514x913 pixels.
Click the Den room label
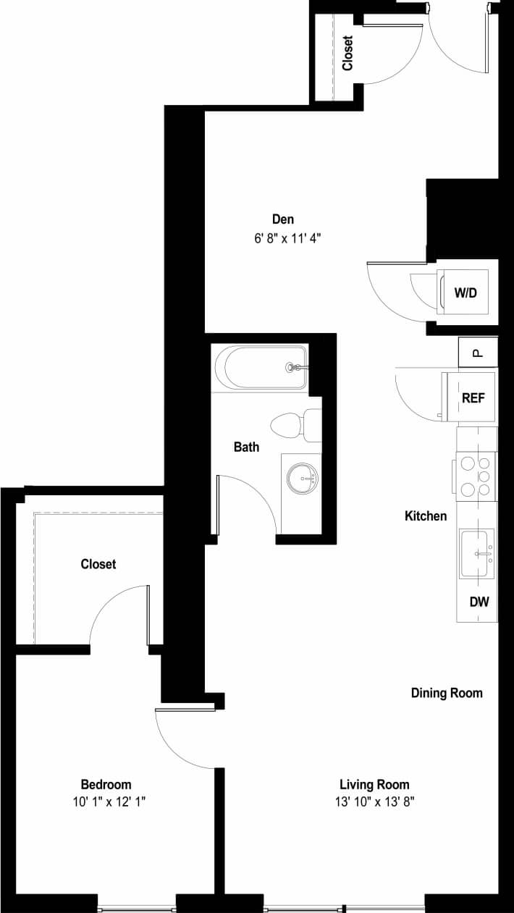(x=283, y=219)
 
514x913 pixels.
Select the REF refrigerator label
(x=473, y=397)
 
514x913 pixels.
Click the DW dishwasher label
(x=478, y=602)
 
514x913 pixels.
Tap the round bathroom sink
(x=302, y=478)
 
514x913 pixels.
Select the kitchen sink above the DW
(x=476, y=555)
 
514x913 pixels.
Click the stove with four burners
(x=476, y=476)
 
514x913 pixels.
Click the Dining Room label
(x=447, y=693)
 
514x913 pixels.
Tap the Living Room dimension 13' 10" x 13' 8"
(x=374, y=801)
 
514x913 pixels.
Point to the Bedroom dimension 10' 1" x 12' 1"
(x=106, y=801)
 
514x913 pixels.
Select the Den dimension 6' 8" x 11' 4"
(x=283, y=237)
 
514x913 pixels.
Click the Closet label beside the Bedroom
(x=98, y=564)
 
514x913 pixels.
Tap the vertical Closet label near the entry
(x=347, y=53)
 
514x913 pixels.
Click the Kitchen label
(x=426, y=516)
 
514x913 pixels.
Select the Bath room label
(x=246, y=447)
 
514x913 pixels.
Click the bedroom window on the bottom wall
(x=137, y=907)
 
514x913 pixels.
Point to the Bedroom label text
(x=106, y=784)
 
